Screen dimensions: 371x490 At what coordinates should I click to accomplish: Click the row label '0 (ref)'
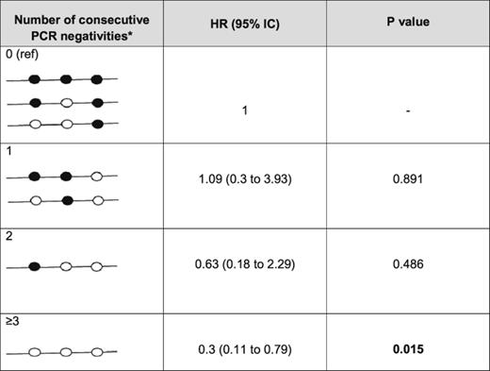(x=22, y=56)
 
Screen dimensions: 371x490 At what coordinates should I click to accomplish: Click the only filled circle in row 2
(x=35, y=268)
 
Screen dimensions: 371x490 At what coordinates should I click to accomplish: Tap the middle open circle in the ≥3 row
(x=66, y=353)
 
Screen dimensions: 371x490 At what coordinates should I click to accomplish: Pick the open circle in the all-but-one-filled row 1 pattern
(x=97, y=176)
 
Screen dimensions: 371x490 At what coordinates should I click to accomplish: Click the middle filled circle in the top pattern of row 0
(x=66, y=80)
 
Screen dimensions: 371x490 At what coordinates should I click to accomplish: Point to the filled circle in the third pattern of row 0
(x=97, y=124)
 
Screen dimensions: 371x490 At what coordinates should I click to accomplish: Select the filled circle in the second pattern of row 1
(x=66, y=199)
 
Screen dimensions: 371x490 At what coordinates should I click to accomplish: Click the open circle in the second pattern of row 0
(x=66, y=103)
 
